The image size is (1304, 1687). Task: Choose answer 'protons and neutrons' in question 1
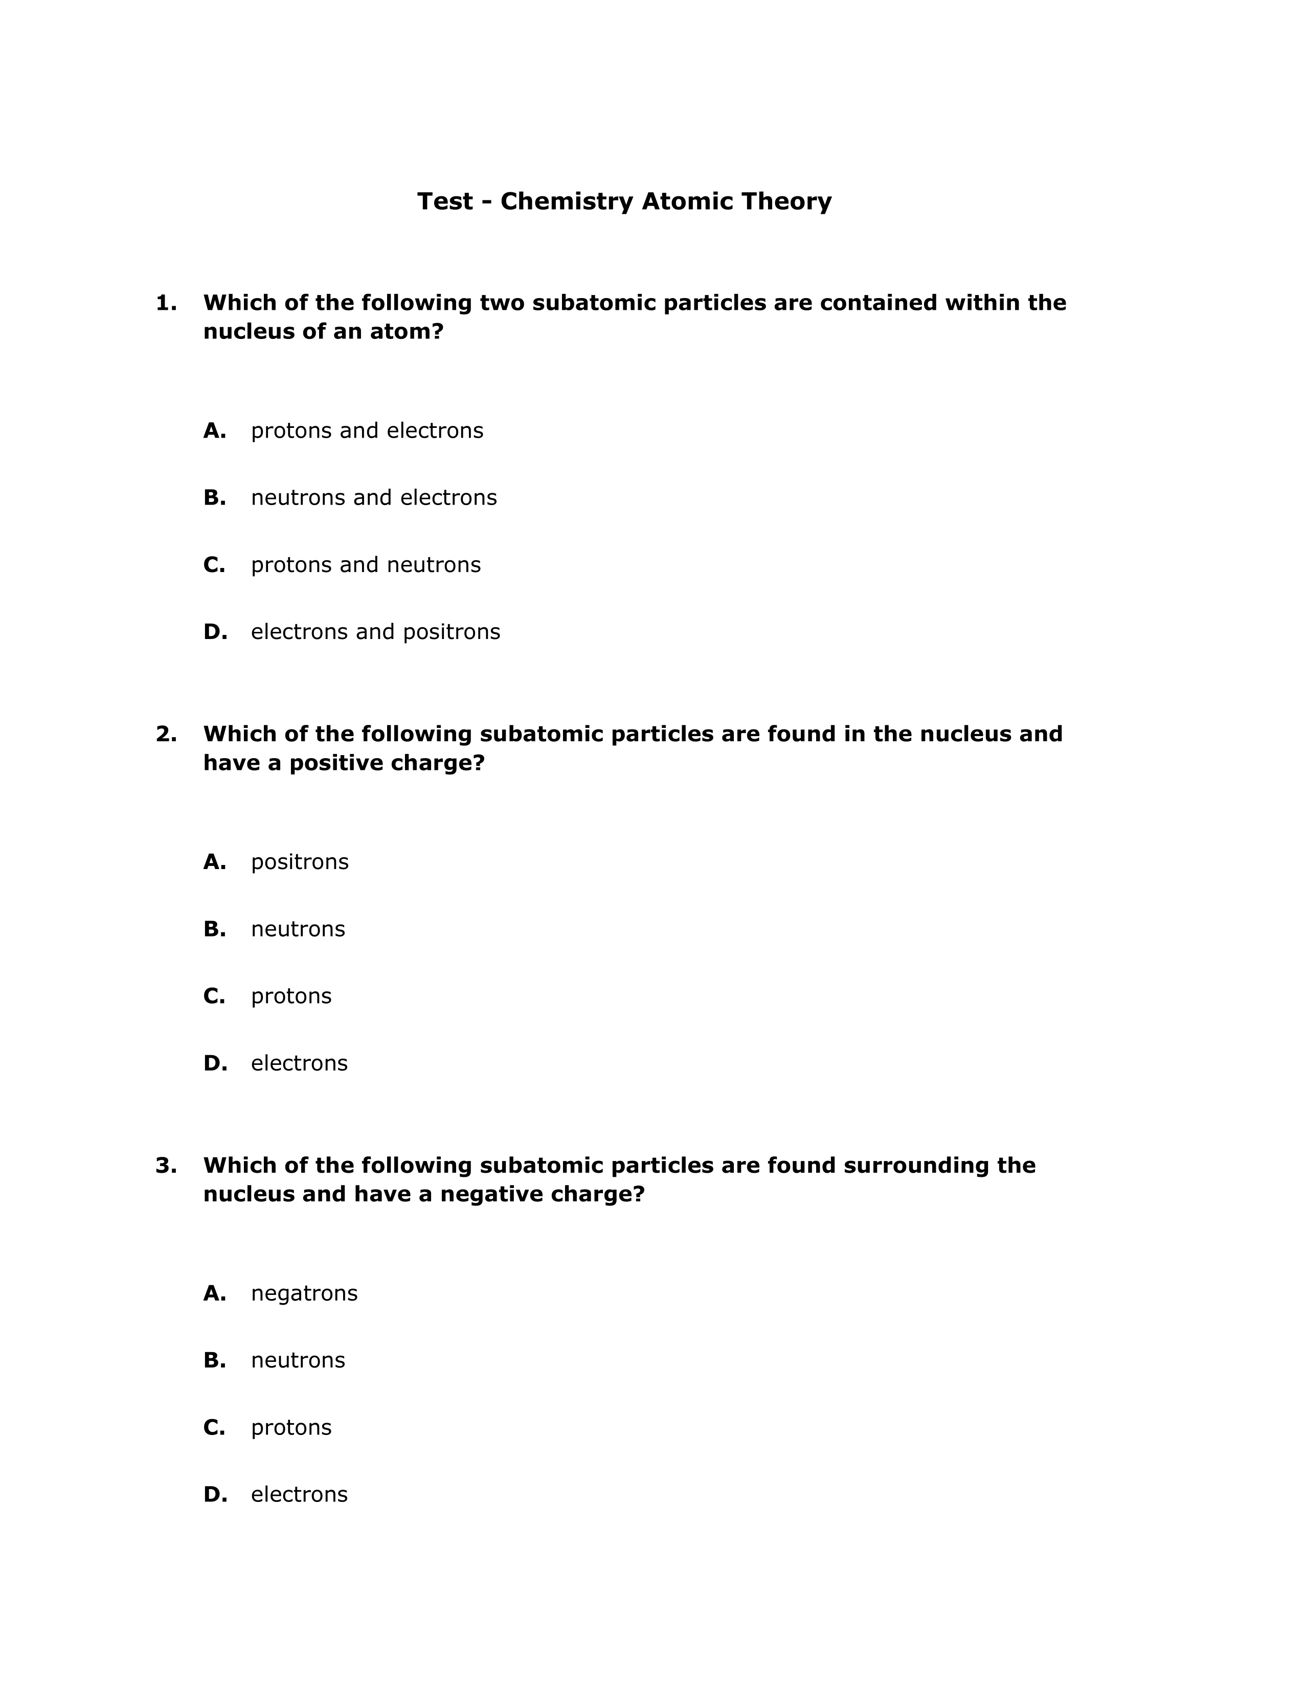(366, 565)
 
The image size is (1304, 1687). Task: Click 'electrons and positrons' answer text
(375, 632)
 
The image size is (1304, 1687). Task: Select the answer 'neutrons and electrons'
(374, 497)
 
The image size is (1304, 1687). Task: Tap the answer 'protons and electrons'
(367, 430)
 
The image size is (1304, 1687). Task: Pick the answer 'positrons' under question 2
(300, 861)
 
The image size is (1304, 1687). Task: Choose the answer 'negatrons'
(304, 1293)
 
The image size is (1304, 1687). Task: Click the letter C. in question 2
(214, 996)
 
